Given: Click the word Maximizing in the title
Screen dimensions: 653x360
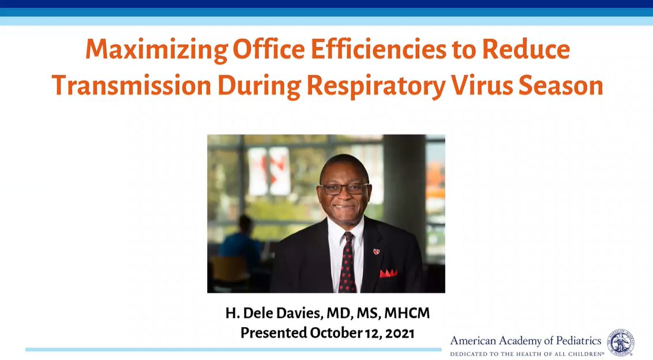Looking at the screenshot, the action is [x=157, y=50].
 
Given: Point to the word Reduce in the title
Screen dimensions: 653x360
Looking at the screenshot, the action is [x=526, y=49].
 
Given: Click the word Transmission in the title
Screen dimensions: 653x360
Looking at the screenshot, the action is [x=132, y=85].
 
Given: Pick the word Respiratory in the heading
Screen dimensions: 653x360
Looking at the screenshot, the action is [x=376, y=87].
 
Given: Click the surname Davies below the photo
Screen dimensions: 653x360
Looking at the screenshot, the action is [x=301, y=313].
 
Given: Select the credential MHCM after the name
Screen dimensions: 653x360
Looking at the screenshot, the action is [x=407, y=313].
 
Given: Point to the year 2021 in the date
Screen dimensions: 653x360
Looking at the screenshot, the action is [x=400, y=333].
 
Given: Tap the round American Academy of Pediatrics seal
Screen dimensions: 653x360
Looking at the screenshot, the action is [x=621, y=342].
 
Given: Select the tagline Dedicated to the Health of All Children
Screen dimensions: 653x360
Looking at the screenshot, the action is [x=527, y=354].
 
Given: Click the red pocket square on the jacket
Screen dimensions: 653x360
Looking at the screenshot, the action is [x=388, y=273].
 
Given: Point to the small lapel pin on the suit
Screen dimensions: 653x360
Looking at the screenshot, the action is [x=377, y=252].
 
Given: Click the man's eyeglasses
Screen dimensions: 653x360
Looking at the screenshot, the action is [x=344, y=189].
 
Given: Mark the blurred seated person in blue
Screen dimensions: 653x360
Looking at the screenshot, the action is [x=241, y=246].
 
